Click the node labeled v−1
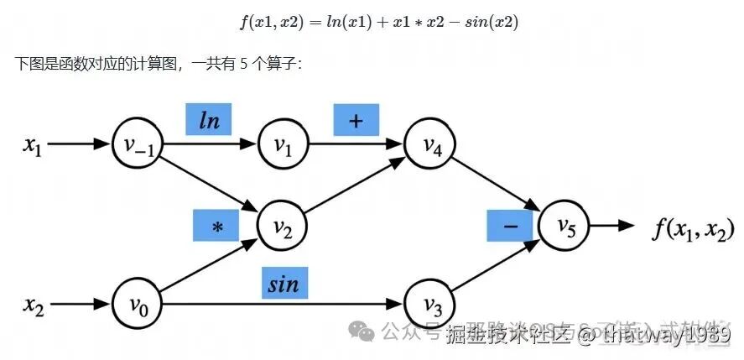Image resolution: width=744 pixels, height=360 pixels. click(137, 143)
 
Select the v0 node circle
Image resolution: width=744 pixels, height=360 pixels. click(137, 303)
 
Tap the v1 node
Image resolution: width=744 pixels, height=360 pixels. click(283, 143)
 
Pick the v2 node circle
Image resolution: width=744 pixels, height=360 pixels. click(283, 224)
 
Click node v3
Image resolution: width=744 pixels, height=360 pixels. click(429, 303)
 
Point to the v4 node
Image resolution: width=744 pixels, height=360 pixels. click(429, 143)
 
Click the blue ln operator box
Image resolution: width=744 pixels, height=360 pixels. click(209, 120)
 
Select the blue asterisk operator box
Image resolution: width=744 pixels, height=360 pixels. click(216, 225)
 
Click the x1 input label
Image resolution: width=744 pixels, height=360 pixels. click(32, 144)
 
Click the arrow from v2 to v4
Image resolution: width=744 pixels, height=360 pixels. click(356, 184)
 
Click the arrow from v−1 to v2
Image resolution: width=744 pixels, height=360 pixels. click(210, 185)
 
